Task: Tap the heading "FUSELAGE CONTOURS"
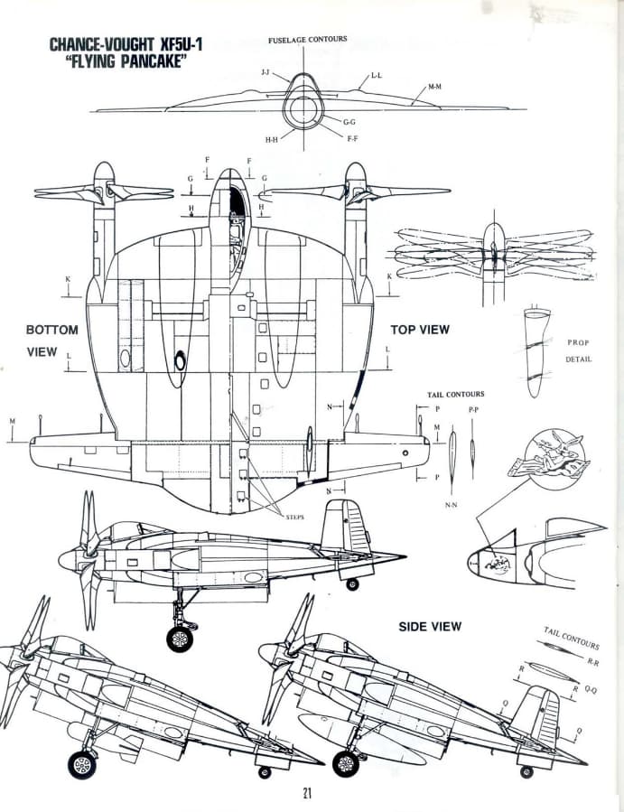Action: pos(307,40)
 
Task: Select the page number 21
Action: pos(308,793)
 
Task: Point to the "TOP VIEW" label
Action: pos(419,330)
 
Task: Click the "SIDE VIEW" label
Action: pos(430,626)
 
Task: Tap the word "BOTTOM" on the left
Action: pos(51,330)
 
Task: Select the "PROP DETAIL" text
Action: pos(578,351)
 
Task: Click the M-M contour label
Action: pos(434,88)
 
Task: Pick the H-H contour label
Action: pos(271,140)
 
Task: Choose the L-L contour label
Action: pos(376,77)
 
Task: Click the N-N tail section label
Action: pos(452,506)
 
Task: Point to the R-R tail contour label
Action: pos(592,662)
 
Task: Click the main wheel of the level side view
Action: pos(180,639)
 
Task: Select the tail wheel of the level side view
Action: pos(352,584)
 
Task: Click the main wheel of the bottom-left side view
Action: pos(82,765)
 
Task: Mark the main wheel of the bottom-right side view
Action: pos(345,764)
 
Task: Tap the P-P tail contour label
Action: pos(473,410)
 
